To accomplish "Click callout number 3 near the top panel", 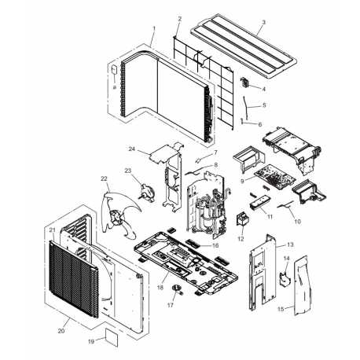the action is tap(263, 22).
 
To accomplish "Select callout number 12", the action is tap(241, 239).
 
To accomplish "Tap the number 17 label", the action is tap(171, 305).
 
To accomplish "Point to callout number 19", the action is tap(91, 342).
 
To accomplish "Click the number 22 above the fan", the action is tap(104, 178).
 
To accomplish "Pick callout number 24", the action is tap(132, 149).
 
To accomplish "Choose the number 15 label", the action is tap(281, 309).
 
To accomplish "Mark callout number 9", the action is tap(242, 181).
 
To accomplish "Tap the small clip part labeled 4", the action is tap(245, 83).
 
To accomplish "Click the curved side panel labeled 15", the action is tap(302, 285).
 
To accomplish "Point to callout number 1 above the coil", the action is tap(154, 28).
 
